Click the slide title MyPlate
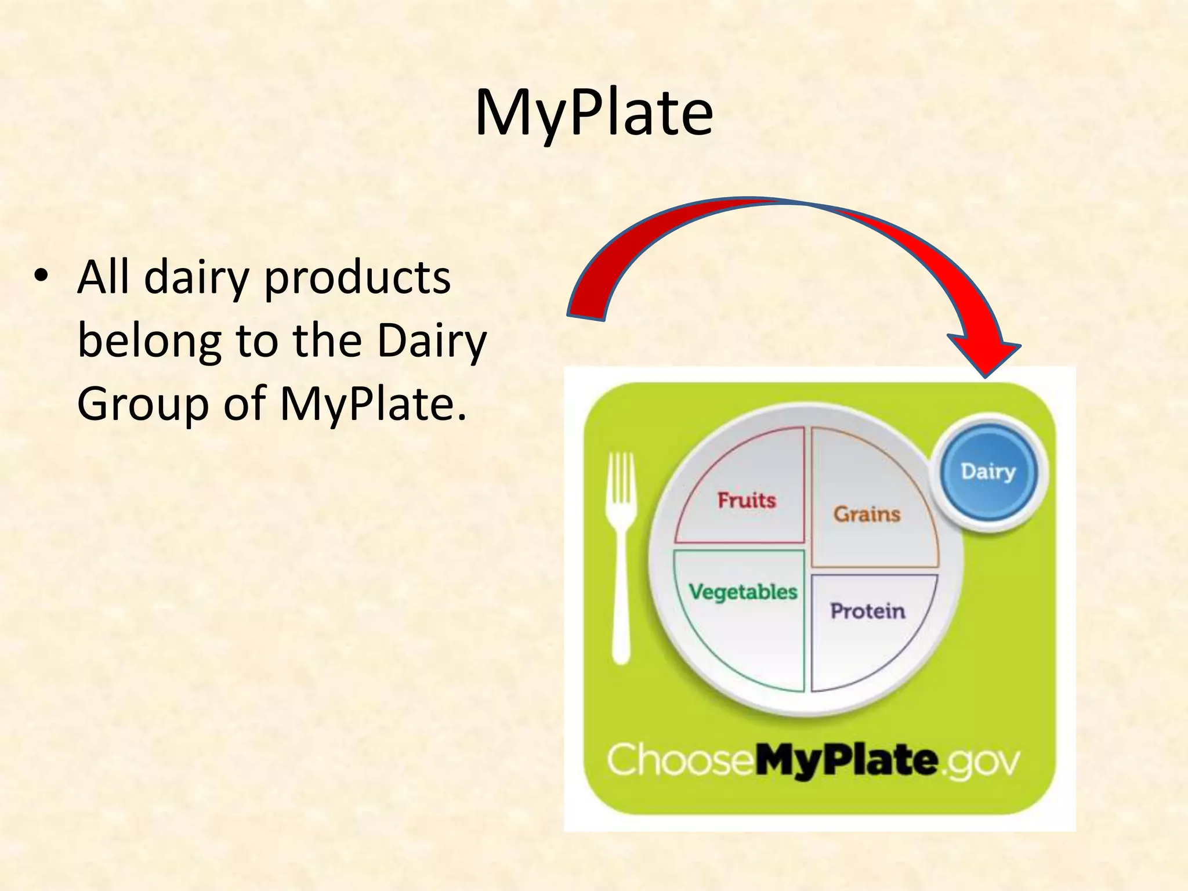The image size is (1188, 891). [593, 113]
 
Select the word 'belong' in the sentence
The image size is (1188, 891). [149, 341]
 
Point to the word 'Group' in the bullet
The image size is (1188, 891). [143, 404]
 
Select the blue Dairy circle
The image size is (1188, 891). [988, 472]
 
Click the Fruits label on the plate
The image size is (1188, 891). [747, 500]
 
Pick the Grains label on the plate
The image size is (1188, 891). [867, 514]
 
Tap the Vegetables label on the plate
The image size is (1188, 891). [743, 592]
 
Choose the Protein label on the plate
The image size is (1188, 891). [867, 611]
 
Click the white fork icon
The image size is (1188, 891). [621, 557]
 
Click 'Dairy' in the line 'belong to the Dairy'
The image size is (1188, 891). [432, 341]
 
